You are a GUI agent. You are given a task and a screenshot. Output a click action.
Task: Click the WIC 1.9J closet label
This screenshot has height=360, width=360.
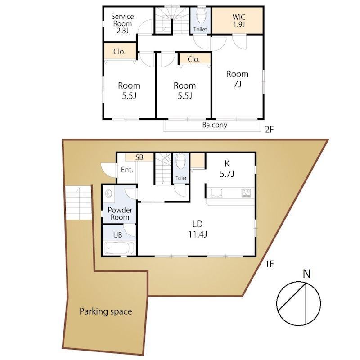pyautogui.click(x=239, y=20)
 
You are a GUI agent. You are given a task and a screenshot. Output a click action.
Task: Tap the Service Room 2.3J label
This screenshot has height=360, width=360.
pyautogui.click(x=122, y=23)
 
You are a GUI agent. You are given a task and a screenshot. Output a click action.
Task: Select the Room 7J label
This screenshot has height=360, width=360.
pyautogui.click(x=237, y=79)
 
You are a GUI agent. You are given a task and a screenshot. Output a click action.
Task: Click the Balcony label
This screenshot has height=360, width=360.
pyautogui.click(x=215, y=125)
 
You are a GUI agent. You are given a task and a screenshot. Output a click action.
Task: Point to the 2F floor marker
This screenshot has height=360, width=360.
pyautogui.click(x=270, y=130)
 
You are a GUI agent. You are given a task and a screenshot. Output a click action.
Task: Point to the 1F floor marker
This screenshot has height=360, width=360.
pyautogui.click(x=270, y=264)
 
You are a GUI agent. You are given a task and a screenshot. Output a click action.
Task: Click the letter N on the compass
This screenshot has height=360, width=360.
pyautogui.click(x=307, y=274)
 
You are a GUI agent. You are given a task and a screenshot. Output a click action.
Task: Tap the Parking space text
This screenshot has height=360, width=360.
pyautogui.click(x=106, y=311)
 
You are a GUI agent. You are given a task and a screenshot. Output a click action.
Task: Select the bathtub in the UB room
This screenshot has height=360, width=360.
pyautogui.click(x=119, y=248)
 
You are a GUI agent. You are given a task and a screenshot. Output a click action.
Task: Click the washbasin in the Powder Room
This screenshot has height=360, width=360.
pyautogui.click(x=109, y=194)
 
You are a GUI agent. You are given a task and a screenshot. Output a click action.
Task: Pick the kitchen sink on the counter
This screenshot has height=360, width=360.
pyautogui.click(x=216, y=193)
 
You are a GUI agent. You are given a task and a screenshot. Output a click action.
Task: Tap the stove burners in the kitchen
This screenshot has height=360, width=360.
pyautogui.click(x=246, y=193)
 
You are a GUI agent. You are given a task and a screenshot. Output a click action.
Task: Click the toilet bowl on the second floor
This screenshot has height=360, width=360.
pyautogui.click(x=202, y=16)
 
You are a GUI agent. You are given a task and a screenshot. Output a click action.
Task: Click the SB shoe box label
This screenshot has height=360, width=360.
pyautogui.click(x=139, y=157)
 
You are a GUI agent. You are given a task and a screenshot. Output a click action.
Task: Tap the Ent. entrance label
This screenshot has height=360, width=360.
pyautogui.click(x=127, y=170)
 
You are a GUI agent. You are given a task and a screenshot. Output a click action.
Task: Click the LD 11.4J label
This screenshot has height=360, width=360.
pyautogui.click(x=198, y=229)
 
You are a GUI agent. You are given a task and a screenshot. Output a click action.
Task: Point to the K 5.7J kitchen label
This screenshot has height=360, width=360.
pyautogui.click(x=227, y=169)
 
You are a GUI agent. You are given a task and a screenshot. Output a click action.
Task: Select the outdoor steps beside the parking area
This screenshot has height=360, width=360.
pyautogui.click(x=78, y=202)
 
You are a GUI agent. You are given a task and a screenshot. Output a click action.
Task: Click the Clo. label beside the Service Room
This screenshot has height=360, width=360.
pyautogui.click(x=119, y=52)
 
